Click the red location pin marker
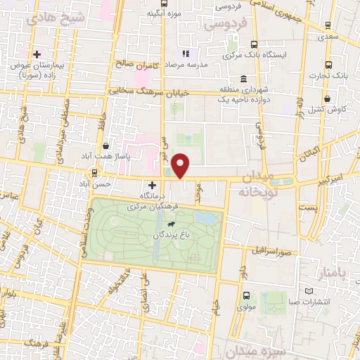[x=181, y=166]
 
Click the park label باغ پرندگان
[x=155, y=236]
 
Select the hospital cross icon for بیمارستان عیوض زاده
[x=37, y=53]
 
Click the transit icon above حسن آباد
[x=95, y=173]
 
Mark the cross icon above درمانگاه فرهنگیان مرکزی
[x=152, y=184]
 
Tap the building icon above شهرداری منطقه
[x=243, y=78]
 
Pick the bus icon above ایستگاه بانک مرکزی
[x=253, y=44]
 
